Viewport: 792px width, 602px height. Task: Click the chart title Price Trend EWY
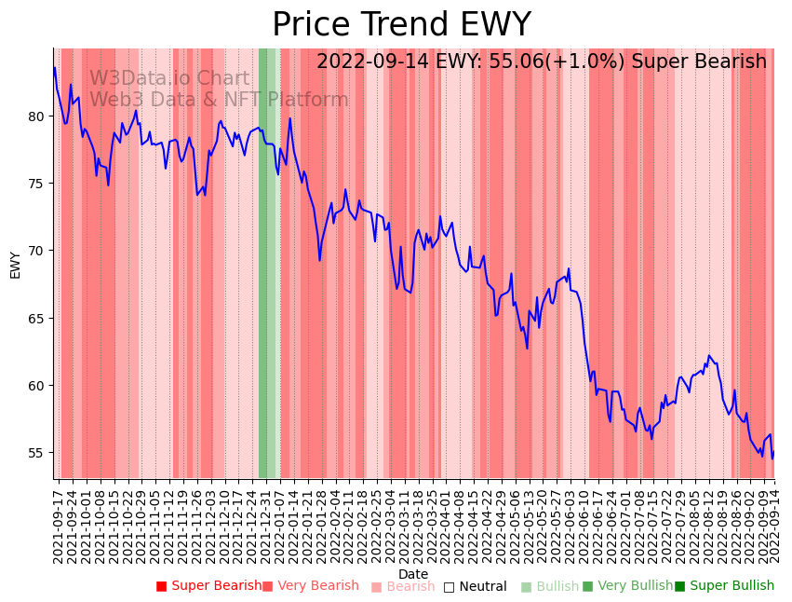point(401,25)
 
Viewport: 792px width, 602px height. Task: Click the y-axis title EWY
point(15,265)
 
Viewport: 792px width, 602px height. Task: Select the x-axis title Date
point(413,574)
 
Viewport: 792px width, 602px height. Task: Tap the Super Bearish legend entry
point(208,586)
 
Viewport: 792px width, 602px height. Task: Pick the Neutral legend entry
point(476,586)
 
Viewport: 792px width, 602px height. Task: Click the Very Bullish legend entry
point(627,586)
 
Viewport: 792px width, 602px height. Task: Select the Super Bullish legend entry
point(724,586)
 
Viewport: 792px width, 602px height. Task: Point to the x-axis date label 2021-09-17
point(58,524)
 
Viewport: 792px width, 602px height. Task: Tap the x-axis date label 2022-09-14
point(772,524)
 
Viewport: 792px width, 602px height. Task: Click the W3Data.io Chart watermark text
point(169,79)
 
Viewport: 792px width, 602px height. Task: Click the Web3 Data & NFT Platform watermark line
point(219,100)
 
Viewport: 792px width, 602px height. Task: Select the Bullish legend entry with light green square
point(550,586)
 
